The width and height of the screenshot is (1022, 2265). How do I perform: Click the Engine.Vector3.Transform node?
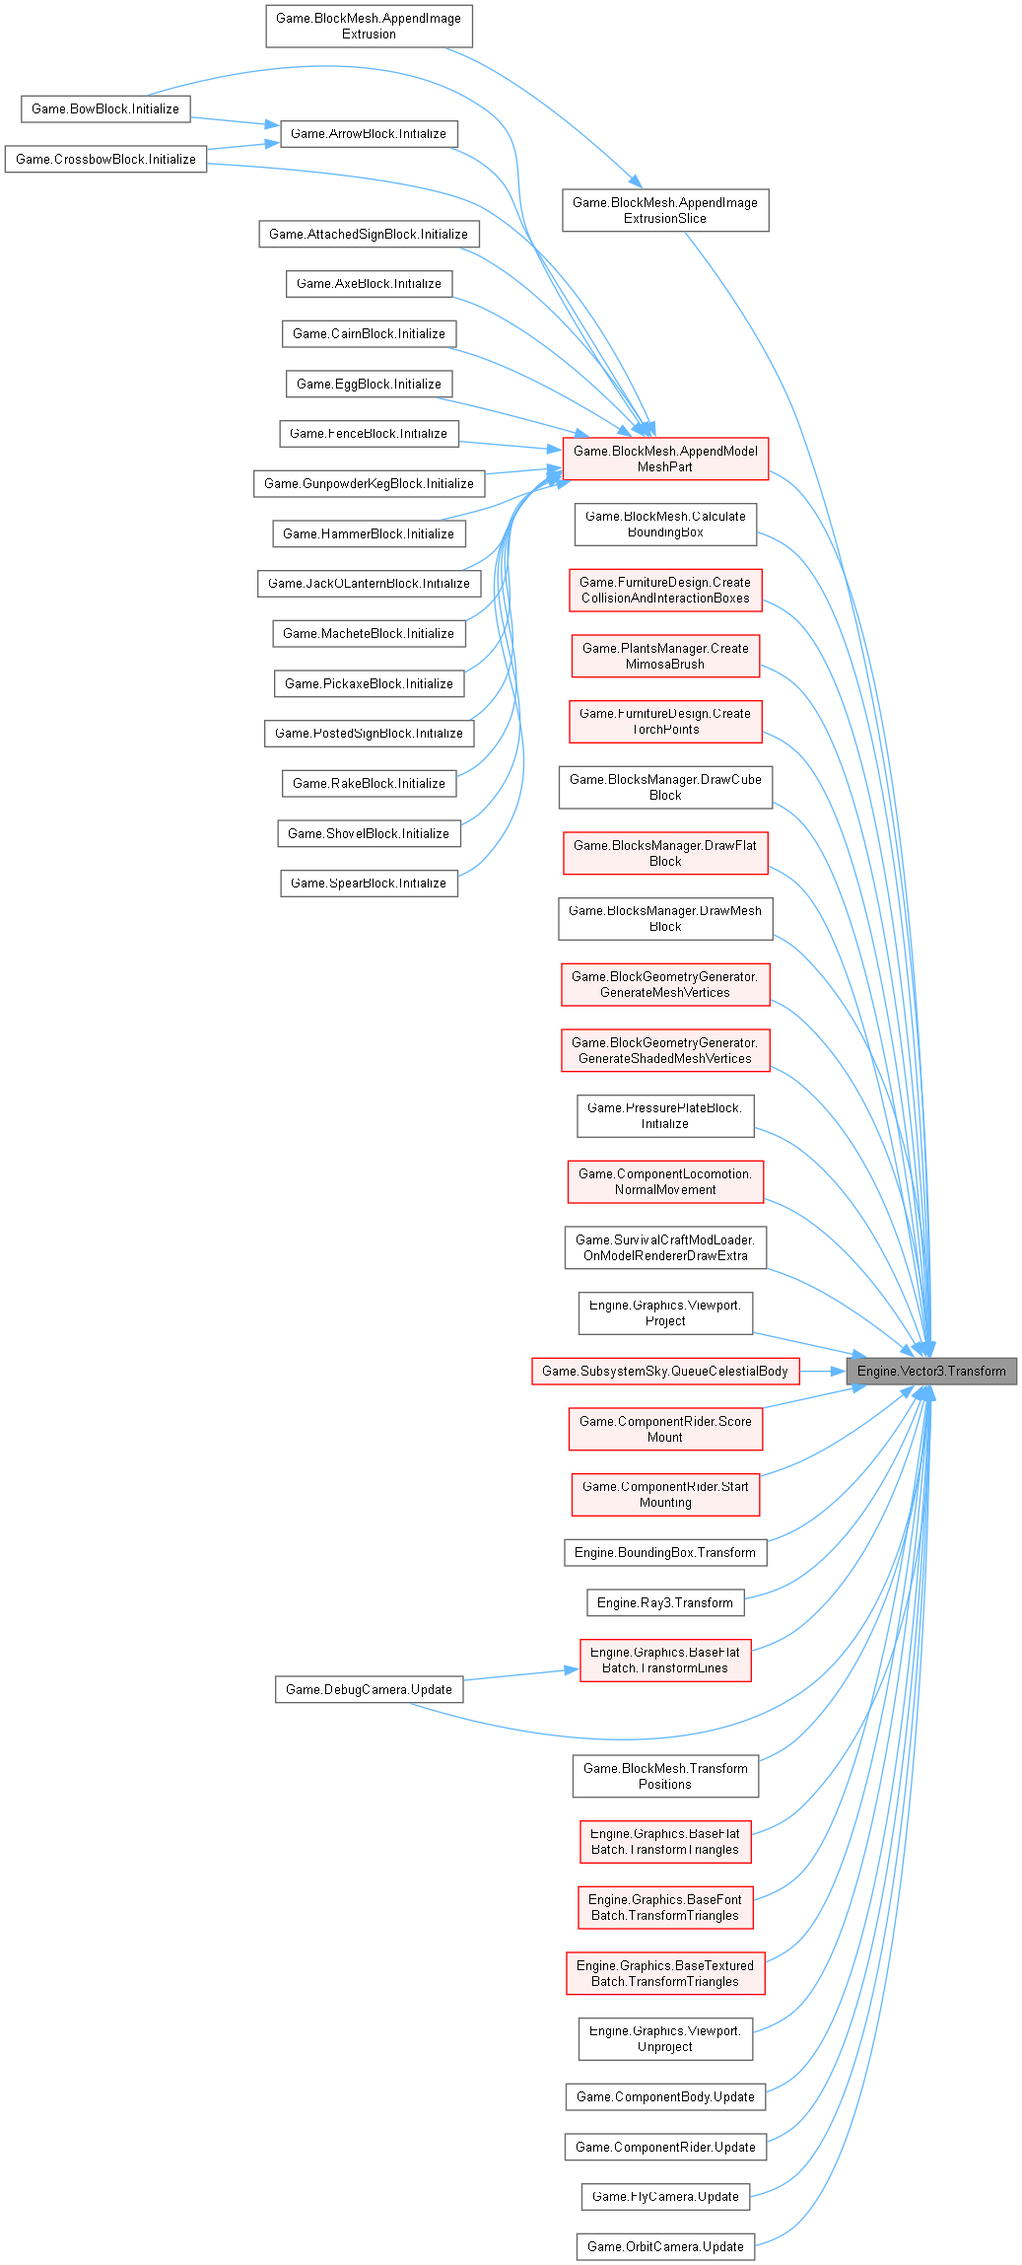(x=931, y=1371)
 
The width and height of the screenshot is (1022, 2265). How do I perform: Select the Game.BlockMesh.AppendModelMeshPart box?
(x=665, y=459)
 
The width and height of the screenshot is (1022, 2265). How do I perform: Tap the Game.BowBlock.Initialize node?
(x=105, y=108)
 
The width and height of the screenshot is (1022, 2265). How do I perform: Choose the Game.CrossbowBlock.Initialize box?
(x=105, y=159)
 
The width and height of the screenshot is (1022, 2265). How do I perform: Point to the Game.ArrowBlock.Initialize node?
(x=369, y=133)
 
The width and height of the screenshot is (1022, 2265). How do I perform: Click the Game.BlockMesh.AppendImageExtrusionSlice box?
(x=665, y=210)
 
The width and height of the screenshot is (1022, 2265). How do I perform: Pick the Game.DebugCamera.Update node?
(x=369, y=1689)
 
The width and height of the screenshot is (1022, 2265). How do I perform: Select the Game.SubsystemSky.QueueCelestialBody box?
(x=665, y=1371)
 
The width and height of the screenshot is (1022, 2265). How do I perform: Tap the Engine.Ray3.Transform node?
(x=665, y=1602)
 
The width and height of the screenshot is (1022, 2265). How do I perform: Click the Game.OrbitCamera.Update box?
(x=665, y=2246)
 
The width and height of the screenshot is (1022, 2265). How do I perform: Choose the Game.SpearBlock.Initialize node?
(x=369, y=883)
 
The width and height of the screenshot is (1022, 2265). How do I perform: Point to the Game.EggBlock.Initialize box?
(x=369, y=384)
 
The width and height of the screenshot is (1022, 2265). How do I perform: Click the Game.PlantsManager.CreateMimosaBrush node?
(x=665, y=656)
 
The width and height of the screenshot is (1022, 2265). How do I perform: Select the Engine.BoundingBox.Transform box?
(x=665, y=1552)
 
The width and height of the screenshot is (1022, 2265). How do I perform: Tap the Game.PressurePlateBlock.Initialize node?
(x=665, y=1115)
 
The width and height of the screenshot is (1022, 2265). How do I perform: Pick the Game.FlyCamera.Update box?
(x=665, y=2196)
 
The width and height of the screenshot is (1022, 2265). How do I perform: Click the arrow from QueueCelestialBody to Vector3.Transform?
(x=823, y=1371)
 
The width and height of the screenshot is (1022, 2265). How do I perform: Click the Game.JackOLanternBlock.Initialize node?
(x=369, y=583)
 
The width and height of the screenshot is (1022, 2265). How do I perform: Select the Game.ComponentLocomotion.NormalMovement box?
(x=665, y=1181)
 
